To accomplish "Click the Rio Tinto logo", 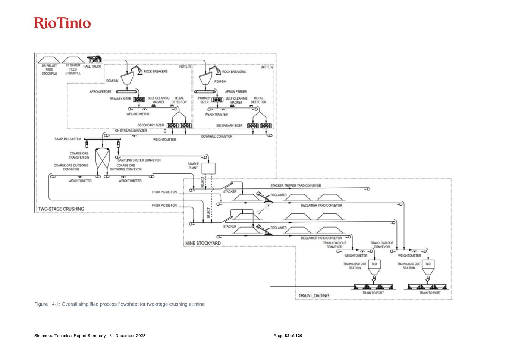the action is [x=63, y=23].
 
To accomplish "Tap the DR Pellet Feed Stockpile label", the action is [x=49, y=69].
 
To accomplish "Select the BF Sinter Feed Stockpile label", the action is [x=73, y=69].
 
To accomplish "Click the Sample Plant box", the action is [x=208, y=168].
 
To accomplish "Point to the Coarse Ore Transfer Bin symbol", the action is [x=102, y=159].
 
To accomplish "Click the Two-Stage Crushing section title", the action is [x=61, y=209].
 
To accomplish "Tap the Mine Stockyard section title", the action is [x=203, y=243].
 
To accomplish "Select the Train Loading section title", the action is [x=314, y=295].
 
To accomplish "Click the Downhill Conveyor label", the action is [x=217, y=137].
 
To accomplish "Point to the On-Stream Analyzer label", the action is [x=131, y=131].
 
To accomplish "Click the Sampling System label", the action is [x=68, y=139].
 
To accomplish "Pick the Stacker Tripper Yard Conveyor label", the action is [x=296, y=185].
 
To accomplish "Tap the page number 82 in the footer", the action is [x=287, y=336].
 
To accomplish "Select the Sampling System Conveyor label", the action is [x=139, y=160].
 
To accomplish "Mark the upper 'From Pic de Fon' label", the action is [x=164, y=192].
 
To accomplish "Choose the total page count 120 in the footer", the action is [x=299, y=336].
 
